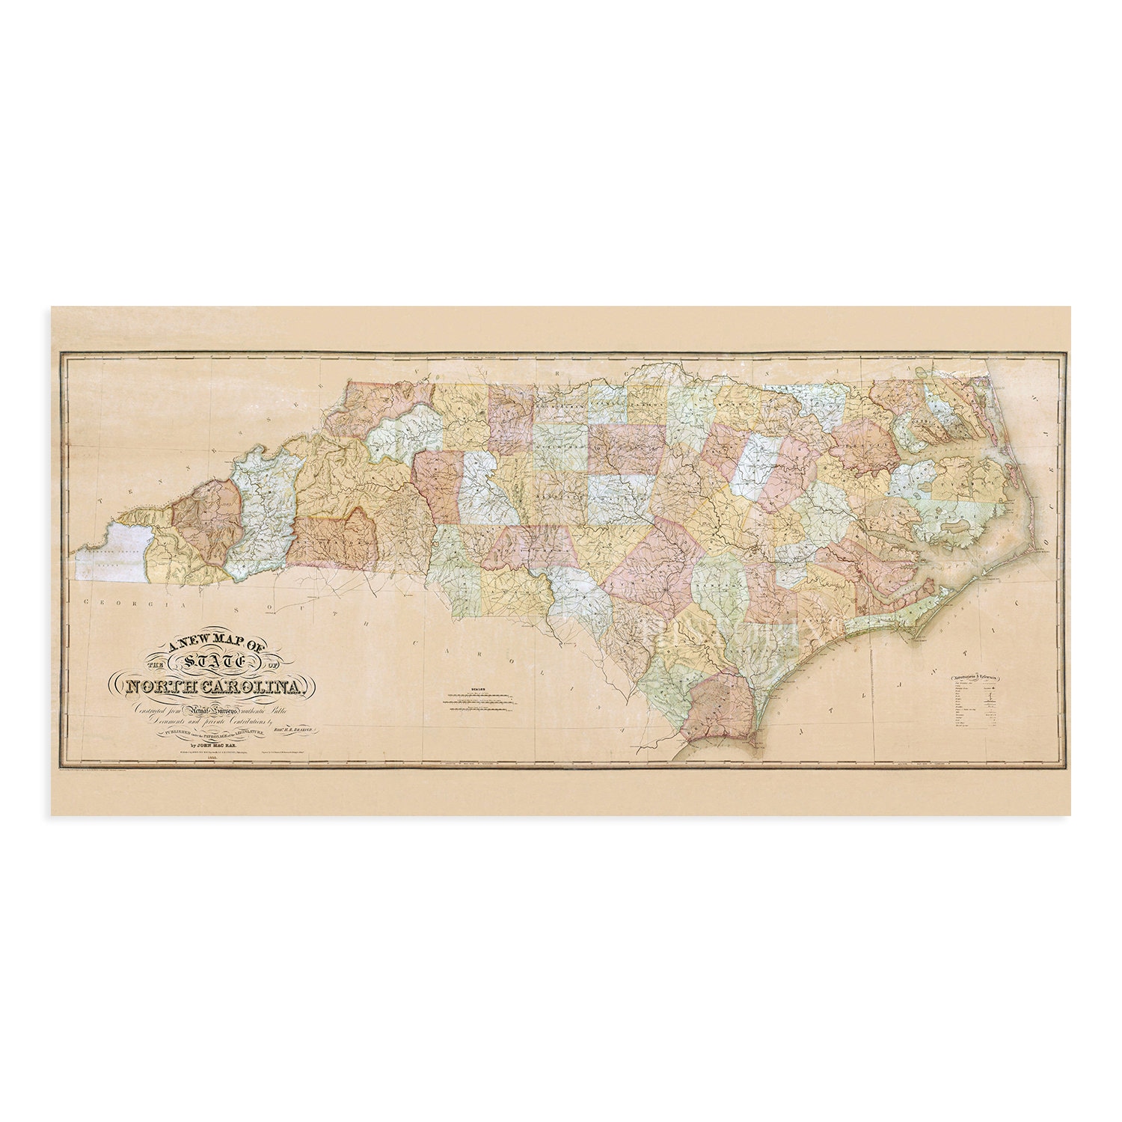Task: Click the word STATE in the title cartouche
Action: [x=214, y=661]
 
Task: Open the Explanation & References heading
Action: [x=974, y=678]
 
